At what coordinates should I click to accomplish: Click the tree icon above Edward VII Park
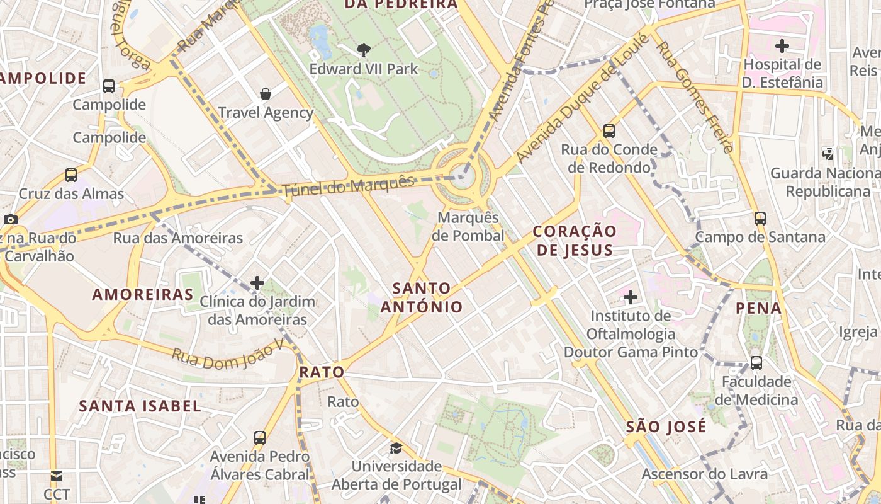(363, 50)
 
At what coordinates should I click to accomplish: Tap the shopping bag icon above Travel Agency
(266, 94)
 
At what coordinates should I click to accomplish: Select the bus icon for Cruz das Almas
(71, 175)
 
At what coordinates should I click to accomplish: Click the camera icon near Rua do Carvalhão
(11, 219)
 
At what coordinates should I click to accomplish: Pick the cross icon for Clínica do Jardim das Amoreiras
(257, 283)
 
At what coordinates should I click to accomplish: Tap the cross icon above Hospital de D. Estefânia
(782, 46)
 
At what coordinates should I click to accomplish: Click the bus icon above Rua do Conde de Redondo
(609, 131)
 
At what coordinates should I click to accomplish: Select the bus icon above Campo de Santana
(760, 219)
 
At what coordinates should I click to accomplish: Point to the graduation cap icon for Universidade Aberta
(396, 448)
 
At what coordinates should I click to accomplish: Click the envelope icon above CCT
(57, 476)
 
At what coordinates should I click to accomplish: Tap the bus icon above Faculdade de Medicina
(756, 363)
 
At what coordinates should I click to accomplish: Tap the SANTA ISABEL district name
(140, 406)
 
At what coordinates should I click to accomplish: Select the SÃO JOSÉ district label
(666, 427)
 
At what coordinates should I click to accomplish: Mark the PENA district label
(759, 308)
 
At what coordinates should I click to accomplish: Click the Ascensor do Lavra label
(704, 474)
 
